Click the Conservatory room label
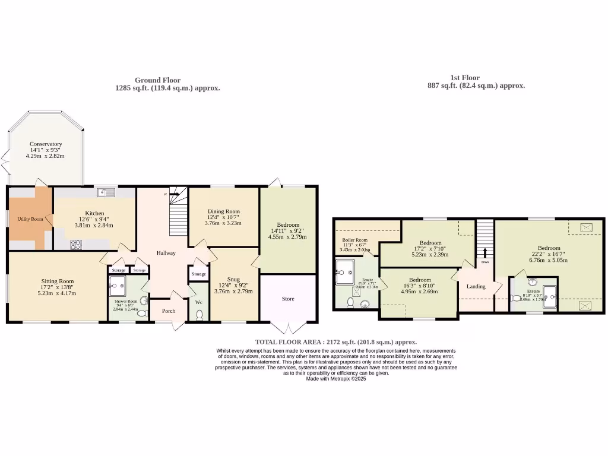(46, 144)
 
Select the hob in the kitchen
(76, 243)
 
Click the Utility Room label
(30, 219)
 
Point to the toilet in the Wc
(199, 314)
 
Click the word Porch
(169, 310)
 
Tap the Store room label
(287, 299)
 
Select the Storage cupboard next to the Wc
(198, 274)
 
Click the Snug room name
(233, 279)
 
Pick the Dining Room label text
(223, 211)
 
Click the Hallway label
(166, 253)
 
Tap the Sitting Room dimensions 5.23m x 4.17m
(58, 293)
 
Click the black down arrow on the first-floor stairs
(485, 252)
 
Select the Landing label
(476, 286)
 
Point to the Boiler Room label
(354, 240)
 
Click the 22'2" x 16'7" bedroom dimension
(549, 254)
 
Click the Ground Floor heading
(157, 80)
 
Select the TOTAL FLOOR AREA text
(335, 342)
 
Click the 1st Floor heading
(465, 78)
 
